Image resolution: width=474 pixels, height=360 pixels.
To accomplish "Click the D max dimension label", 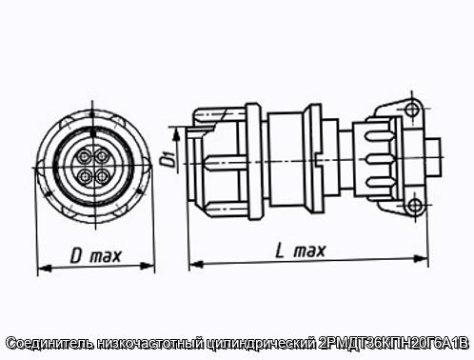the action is click(x=95, y=256).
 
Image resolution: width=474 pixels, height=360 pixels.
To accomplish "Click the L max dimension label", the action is click(x=300, y=250).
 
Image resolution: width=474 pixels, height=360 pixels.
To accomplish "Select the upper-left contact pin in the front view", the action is click(x=85, y=156).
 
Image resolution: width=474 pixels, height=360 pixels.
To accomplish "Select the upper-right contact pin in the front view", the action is click(x=102, y=156).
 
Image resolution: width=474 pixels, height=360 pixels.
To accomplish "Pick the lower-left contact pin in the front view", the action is click(x=85, y=175).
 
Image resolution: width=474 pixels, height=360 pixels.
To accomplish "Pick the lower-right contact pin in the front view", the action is click(x=102, y=175).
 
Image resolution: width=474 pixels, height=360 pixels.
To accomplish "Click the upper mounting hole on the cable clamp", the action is click(x=412, y=109).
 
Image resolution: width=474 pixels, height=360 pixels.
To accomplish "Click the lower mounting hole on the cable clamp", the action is click(x=414, y=205).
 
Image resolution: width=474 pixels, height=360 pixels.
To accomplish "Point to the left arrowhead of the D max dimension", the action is click(x=44, y=269).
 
